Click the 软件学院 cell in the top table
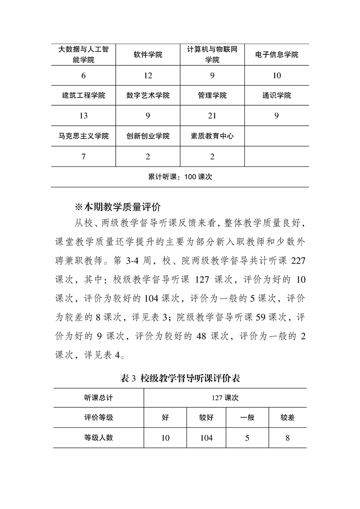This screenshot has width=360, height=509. [148, 55]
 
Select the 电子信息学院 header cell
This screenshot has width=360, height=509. [277, 55]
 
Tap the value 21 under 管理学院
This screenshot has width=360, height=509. [212, 116]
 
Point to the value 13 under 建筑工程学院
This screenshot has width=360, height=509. [84, 116]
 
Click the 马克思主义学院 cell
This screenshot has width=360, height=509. [84, 136]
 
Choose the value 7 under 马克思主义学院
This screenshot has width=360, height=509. [84, 157]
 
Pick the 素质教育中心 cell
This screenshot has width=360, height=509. [212, 136]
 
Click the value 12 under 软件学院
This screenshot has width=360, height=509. [148, 76]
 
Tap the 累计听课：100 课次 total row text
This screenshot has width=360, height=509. [180, 177]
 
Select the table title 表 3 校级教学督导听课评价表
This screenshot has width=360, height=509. [180, 378]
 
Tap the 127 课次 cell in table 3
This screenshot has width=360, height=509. [225, 398]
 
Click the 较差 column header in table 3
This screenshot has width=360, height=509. [287, 417]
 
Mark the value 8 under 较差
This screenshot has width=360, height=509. [287, 438]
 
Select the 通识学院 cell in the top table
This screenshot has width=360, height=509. [276, 95]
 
